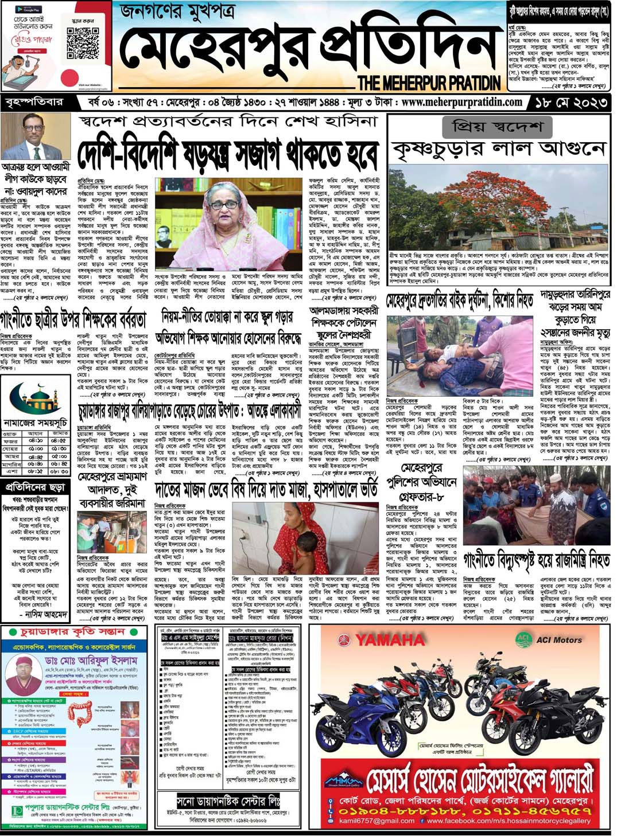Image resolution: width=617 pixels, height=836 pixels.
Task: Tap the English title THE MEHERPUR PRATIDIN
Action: tap(429, 83)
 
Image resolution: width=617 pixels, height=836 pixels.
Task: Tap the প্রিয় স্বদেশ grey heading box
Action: tap(497, 126)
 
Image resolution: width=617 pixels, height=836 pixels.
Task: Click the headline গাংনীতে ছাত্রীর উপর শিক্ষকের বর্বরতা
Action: tap(73, 319)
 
